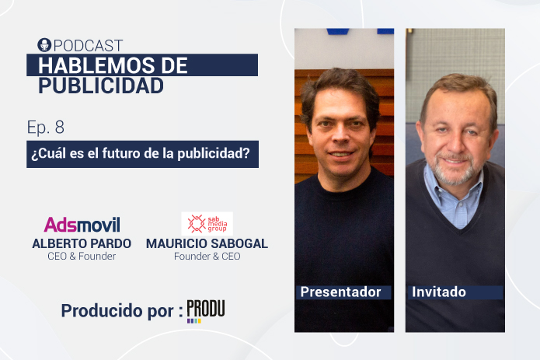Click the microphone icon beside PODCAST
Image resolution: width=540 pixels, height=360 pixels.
[x=44, y=45]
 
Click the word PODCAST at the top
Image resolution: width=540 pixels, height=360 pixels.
[x=88, y=46]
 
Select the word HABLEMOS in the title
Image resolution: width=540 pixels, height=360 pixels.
[x=96, y=65]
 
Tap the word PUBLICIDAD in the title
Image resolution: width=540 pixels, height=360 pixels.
[x=101, y=86]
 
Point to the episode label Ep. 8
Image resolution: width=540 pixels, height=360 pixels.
[x=46, y=128]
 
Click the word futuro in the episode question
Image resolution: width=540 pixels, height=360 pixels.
[x=120, y=153]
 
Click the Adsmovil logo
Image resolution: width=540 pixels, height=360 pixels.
[x=82, y=225]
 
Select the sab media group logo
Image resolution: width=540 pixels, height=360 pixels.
[x=207, y=224]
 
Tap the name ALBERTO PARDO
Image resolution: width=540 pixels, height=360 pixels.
[x=82, y=243]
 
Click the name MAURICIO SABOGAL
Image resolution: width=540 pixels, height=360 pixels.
[x=207, y=243]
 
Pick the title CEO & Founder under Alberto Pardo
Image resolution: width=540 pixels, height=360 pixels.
[x=82, y=257]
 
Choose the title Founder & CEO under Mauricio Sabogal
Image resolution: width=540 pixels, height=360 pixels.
[x=207, y=257]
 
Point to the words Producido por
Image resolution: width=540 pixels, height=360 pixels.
[x=117, y=311]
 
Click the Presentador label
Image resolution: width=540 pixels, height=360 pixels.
[x=341, y=292]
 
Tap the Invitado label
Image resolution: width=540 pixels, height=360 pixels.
[x=439, y=292]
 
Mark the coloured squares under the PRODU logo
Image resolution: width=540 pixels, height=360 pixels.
[x=194, y=321]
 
